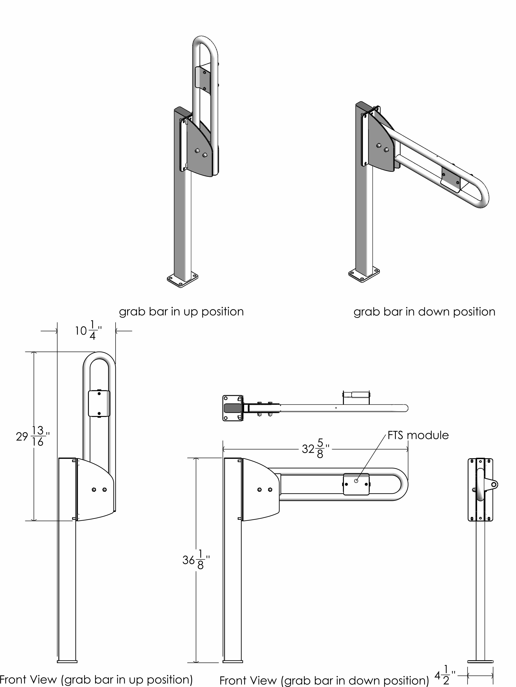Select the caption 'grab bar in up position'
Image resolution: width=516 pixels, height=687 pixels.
pyautogui.click(x=181, y=312)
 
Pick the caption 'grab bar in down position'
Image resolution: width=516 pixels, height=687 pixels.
pyautogui.click(x=424, y=312)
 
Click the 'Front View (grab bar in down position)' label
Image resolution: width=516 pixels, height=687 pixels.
pyautogui.click(x=324, y=680)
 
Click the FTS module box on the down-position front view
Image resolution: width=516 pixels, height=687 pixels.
pyautogui.click(x=356, y=484)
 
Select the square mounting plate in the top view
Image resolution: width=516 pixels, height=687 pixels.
pyautogui.click(x=233, y=408)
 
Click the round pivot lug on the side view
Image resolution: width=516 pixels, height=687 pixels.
pyautogui.click(x=494, y=484)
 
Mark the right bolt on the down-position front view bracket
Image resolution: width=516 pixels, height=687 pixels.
pyautogui.click(x=270, y=490)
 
